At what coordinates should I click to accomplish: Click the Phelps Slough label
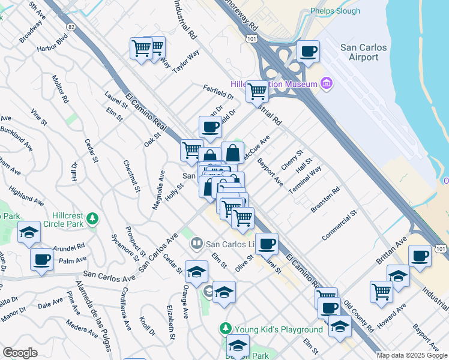click(335, 11)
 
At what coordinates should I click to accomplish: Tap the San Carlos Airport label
click(360, 52)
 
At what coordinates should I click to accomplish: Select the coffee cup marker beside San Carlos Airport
click(309, 51)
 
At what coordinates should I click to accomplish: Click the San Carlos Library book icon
click(196, 244)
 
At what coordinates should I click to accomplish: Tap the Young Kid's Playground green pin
click(225, 329)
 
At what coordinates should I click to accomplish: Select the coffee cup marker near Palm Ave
click(41, 259)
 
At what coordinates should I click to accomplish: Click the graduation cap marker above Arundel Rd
click(28, 233)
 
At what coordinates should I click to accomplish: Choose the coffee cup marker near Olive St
click(267, 244)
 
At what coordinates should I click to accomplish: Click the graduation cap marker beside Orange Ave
click(196, 272)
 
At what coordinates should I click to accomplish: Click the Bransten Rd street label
click(325, 199)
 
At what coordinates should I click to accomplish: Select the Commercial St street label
click(339, 225)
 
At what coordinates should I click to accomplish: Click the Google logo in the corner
click(20, 353)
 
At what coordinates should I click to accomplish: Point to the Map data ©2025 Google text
click(411, 355)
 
